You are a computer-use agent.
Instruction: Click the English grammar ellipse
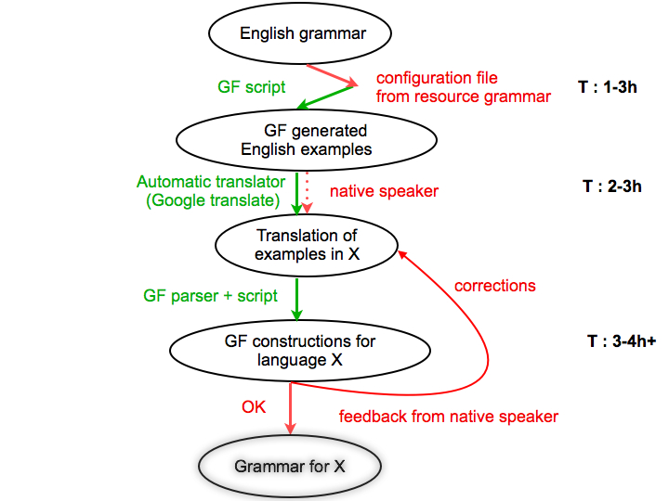point(303,34)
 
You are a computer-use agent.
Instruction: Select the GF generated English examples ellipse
point(307,140)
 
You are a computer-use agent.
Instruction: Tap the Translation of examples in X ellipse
point(307,245)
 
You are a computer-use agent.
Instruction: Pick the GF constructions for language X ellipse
point(300,351)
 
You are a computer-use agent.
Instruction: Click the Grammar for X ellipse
point(290,466)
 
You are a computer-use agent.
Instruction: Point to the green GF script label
point(252,86)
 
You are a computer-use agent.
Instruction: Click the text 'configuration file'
point(437,77)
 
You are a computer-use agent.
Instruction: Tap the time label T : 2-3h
point(613,186)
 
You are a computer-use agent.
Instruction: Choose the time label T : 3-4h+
point(622,340)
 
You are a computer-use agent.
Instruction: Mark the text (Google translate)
point(210,200)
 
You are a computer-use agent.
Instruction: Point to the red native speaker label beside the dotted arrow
point(385,192)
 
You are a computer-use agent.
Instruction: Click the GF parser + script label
point(211,296)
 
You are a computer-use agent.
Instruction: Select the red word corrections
point(495,286)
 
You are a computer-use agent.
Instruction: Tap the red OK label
point(254,407)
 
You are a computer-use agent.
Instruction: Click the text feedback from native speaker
point(449,417)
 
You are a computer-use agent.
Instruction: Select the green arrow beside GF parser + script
point(296,298)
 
